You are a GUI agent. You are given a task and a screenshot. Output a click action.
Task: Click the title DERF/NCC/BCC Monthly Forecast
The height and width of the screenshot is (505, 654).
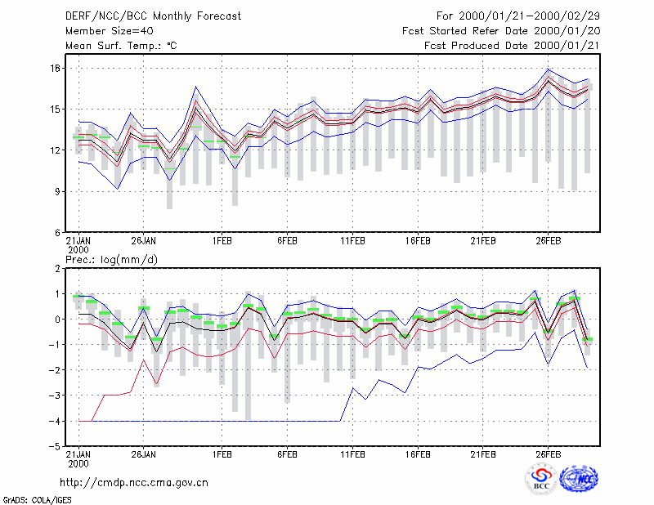tap(153, 16)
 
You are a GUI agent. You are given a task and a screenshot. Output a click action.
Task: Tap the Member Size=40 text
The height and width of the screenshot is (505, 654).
tap(110, 31)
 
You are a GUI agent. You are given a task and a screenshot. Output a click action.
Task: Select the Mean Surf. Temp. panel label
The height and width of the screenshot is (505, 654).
tap(121, 46)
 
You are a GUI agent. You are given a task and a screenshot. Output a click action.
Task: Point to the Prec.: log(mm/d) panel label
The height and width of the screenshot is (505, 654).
tap(111, 260)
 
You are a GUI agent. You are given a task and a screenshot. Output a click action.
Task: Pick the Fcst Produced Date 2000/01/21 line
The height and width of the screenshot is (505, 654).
tap(512, 46)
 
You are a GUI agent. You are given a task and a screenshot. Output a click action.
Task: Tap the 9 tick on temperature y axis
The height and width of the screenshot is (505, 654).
tap(58, 191)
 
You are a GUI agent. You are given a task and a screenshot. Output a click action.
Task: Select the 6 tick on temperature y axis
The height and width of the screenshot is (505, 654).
tap(58, 233)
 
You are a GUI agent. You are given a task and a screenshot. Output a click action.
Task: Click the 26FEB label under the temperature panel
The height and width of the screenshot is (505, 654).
tap(548, 241)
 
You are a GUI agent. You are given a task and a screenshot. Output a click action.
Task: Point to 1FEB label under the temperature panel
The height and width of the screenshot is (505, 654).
tap(222, 241)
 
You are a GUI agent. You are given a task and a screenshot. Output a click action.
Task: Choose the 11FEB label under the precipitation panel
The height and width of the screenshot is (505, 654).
tap(352, 454)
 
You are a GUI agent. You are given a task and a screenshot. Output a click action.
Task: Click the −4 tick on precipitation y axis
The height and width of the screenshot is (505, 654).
tap(55, 421)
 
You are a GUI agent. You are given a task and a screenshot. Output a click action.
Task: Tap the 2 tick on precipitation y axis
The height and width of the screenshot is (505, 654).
tap(58, 269)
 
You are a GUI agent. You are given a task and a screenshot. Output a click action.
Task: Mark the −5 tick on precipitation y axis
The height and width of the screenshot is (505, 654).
tap(55, 446)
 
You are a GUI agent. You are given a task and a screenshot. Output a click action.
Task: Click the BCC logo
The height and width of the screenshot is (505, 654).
tap(541, 479)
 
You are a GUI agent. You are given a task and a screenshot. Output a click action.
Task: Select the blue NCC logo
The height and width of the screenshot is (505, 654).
tap(579, 479)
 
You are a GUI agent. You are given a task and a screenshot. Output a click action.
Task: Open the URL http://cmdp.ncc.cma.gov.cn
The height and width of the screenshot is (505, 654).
tap(134, 483)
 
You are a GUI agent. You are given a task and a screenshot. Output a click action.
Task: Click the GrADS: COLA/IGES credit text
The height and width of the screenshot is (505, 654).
tap(37, 500)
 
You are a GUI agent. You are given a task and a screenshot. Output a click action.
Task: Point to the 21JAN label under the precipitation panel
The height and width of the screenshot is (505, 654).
tap(78, 458)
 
